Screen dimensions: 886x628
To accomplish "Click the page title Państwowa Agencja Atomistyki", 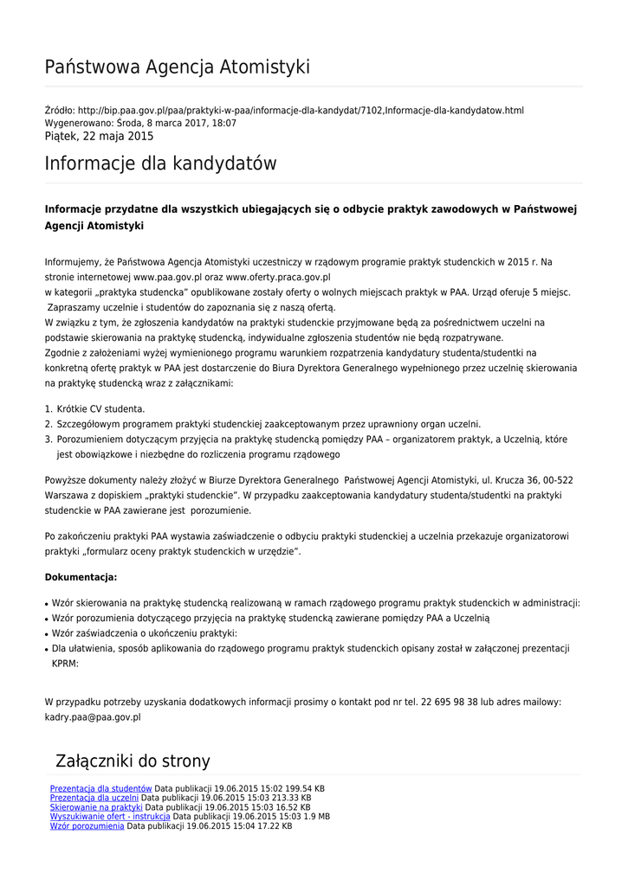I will pos(177,67).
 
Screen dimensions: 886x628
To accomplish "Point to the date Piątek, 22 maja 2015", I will pos(99,137).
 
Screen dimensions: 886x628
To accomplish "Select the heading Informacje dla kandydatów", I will pos(160,164).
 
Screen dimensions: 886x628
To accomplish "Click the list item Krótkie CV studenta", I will pos(100,408).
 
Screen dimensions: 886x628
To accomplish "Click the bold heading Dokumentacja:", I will pos(81,576).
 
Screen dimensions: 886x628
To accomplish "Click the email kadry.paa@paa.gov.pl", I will pos(93,717).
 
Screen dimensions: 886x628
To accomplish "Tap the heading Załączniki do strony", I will pos(133,761).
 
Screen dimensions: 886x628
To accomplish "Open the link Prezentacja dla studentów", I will pos(100,788).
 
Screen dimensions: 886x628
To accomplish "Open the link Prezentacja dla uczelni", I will pos(94,798).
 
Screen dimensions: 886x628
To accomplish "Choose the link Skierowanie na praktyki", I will pos(96,807).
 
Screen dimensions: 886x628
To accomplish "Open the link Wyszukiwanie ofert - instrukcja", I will pos(110,817).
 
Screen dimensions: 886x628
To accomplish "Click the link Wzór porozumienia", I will pos(87,826).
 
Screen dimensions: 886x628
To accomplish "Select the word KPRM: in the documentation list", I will pos(65,664).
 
